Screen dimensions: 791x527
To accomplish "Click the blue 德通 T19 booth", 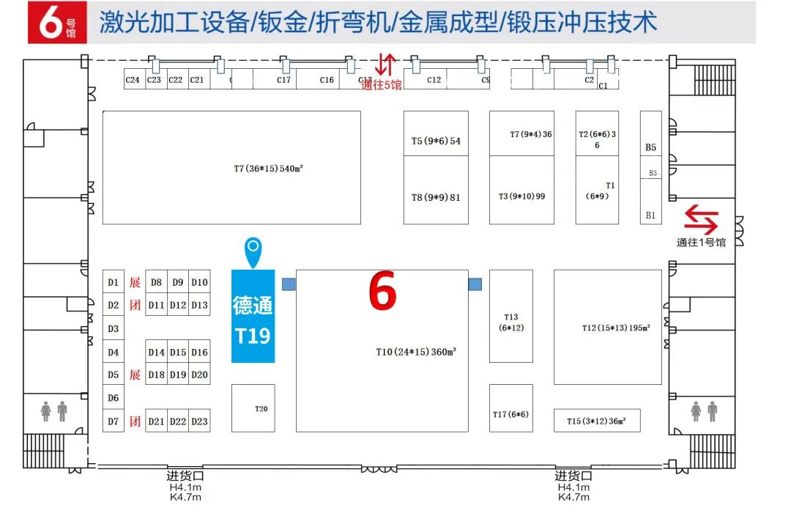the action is pos(253,316).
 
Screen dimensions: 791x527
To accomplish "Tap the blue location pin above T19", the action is pos(253,251).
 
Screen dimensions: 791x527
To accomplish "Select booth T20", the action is pos(253,408).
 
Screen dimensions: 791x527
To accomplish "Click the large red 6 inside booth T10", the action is pos(382,292).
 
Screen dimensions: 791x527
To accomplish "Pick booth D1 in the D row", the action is pos(113,282).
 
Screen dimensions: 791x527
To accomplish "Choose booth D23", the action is pos(199,421).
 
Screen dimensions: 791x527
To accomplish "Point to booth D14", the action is pos(156,353).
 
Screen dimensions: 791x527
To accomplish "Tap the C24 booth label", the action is pos(133,80).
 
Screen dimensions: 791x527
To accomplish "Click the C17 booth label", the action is pos(284,80).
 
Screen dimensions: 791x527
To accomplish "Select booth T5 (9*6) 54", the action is pos(436,141).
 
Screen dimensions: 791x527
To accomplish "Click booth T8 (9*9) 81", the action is pos(436,197).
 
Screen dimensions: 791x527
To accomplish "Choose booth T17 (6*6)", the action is pos(510,415).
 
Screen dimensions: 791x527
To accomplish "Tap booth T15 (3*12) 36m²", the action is pos(596,421).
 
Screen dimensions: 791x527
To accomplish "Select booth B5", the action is pos(650,147).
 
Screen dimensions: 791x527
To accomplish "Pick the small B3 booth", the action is pos(651,173).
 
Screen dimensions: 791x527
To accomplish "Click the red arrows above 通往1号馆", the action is pos(701,219).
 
